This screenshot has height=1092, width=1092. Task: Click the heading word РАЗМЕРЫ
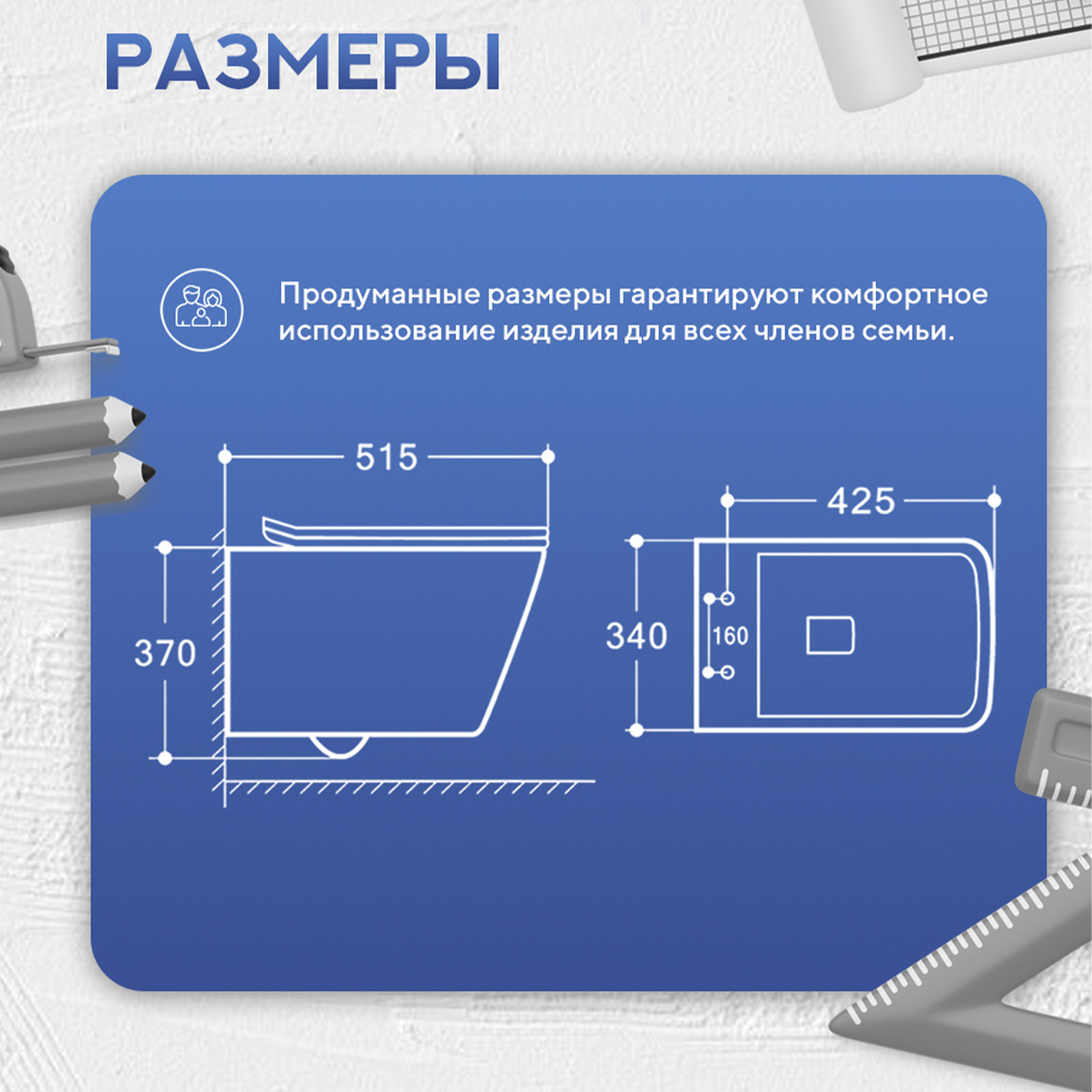(x=302, y=62)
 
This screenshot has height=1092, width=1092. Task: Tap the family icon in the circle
(x=202, y=309)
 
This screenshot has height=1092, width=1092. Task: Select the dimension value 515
(x=386, y=458)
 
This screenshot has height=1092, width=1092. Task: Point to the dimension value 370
(x=165, y=653)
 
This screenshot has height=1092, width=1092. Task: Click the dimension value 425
(x=860, y=502)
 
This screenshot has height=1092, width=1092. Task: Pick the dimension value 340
(x=636, y=636)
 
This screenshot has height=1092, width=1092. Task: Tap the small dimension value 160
(x=730, y=636)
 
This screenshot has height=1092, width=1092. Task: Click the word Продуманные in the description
(x=380, y=295)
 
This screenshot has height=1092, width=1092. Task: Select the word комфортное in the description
(x=898, y=295)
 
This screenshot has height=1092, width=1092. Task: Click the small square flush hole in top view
(x=830, y=636)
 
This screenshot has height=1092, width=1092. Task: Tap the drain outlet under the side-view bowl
(x=339, y=745)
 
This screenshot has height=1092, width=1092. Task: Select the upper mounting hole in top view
(x=727, y=598)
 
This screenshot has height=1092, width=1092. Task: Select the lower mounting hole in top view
(x=727, y=672)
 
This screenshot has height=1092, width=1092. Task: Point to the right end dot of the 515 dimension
(x=548, y=456)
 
